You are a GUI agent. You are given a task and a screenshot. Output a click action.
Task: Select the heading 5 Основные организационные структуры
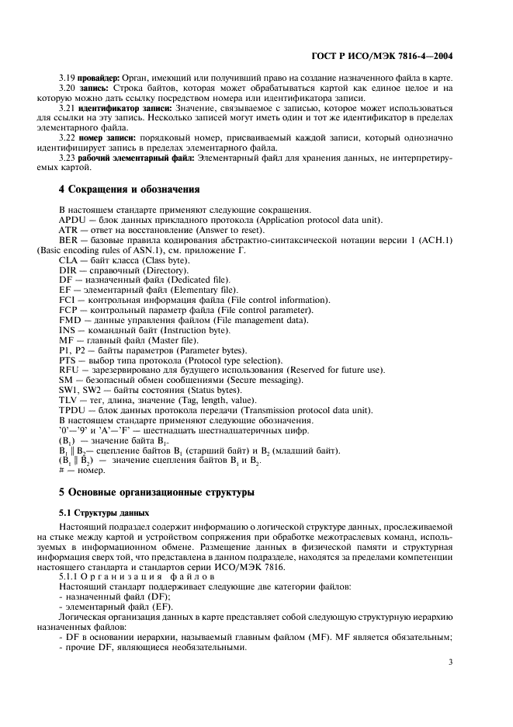point(156,492)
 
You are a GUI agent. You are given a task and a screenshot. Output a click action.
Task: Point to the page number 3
point(450,663)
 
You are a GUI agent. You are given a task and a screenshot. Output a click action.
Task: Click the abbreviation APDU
point(74,220)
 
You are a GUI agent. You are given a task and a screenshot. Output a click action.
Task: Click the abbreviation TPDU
point(73,410)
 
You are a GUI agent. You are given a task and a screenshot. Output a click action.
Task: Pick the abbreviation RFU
point(70,370)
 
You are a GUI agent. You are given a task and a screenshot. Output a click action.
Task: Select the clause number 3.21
point(69,109)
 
